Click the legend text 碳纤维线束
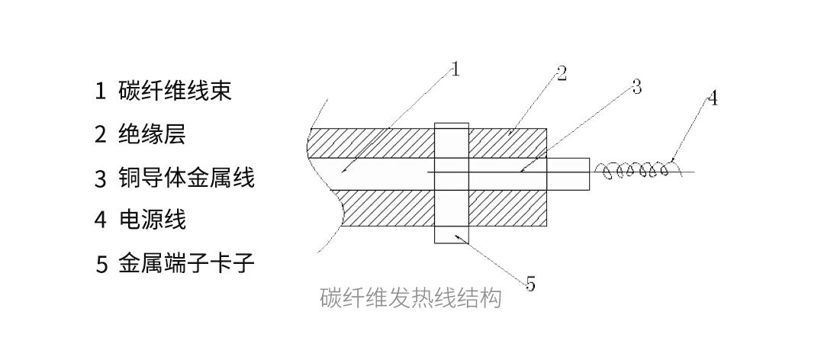pos(175,92)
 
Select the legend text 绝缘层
pos(152,135)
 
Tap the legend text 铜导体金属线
pos(186,178)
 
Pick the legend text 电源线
pos(152,220)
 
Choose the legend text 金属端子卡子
pos(186,265)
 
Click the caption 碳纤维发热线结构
pos(411,298)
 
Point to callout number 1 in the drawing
pos(455,70)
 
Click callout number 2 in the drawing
pos(562,74)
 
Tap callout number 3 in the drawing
pos(636,87)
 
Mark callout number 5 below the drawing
pos(530,285)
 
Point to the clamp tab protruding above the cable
pos(451,124)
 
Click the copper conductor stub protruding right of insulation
pos(569,173)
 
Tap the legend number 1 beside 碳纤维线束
pos(100,92)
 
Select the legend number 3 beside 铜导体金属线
pos(101,179)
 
